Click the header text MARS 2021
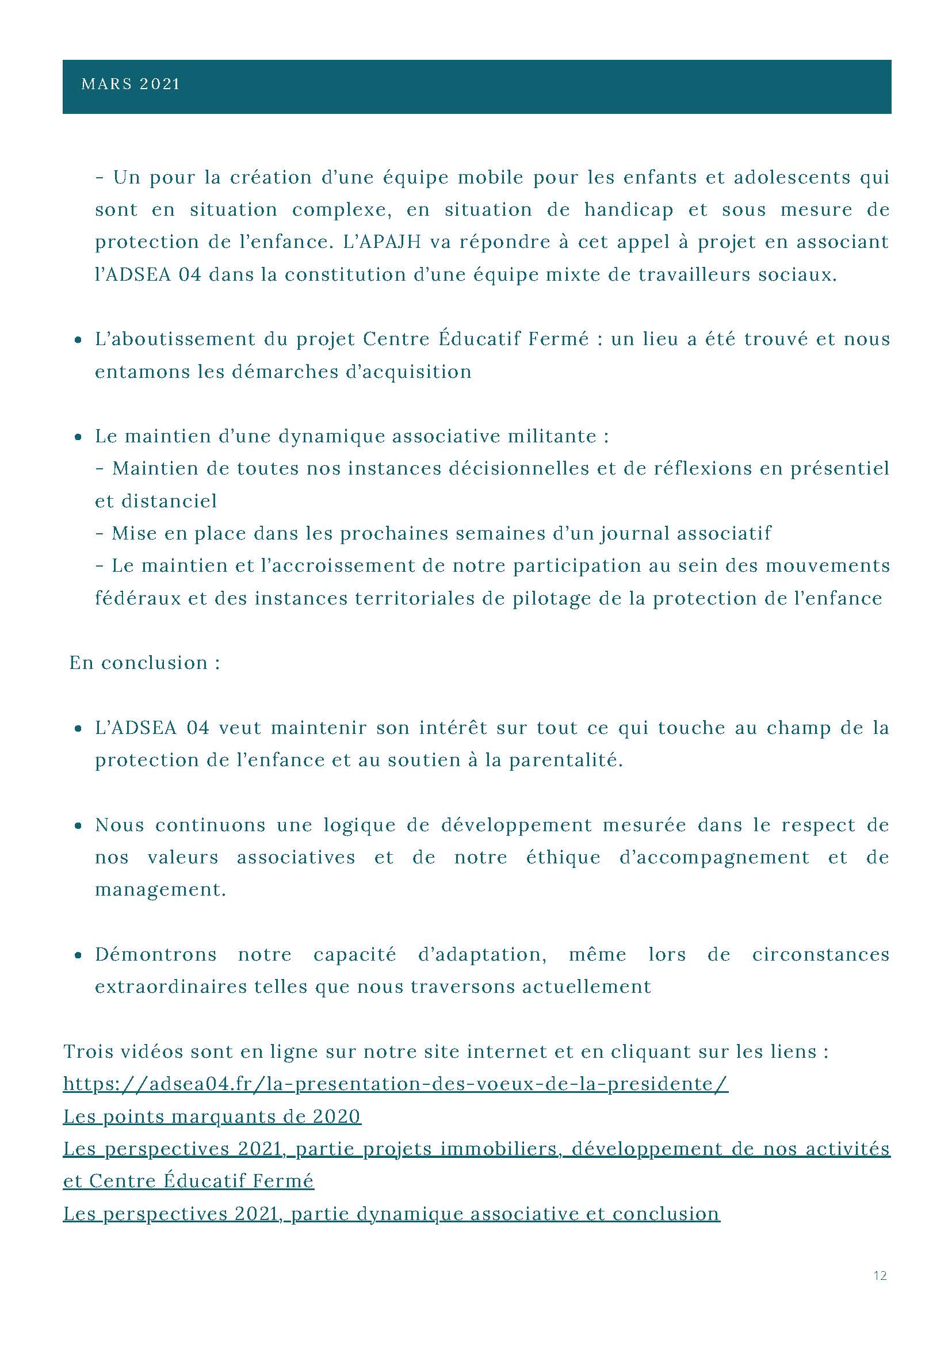click(131, 85)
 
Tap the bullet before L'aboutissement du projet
click(78, 340)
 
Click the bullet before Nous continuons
click(78, 826)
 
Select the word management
click(160, 890)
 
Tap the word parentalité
click(565, 760)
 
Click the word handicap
click(628, 210)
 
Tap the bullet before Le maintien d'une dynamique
click(78, 437)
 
